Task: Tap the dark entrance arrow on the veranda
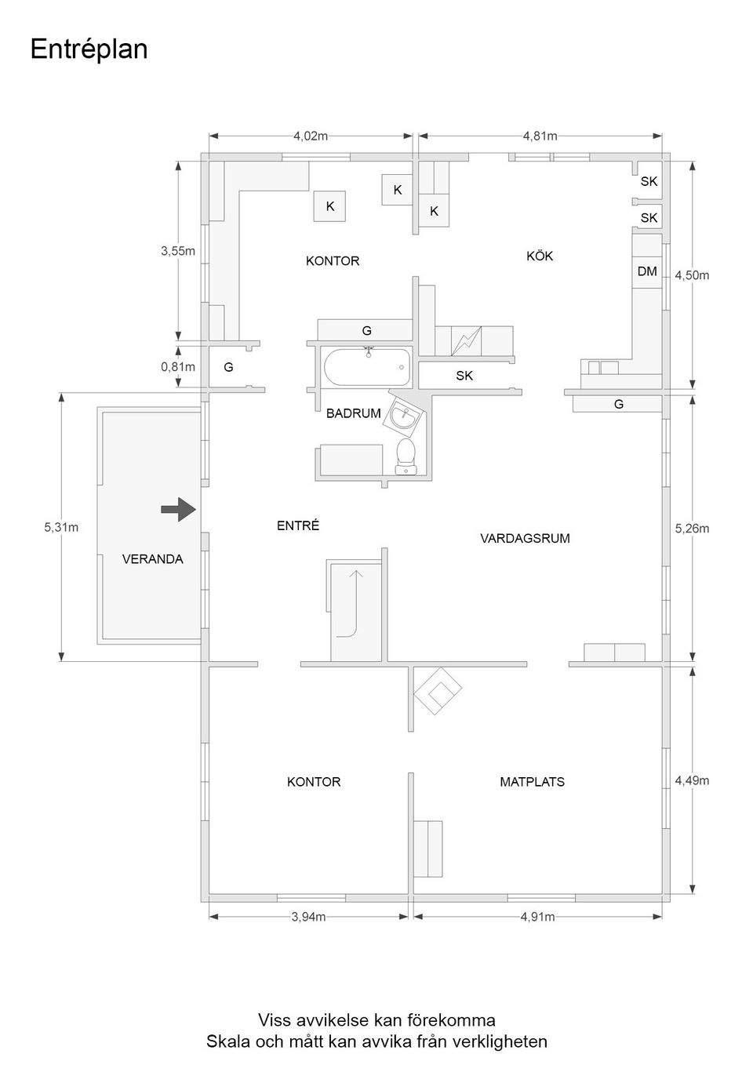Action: click(x=179, y=510)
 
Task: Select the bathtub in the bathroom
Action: click(x=367, y=368)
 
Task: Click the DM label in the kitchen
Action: click(x=647, y=271)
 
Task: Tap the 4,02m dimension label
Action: click(x=311, y=136)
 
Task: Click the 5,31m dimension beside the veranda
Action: click(x=61, y=527)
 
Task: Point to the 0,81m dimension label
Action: click(x=178, y=366)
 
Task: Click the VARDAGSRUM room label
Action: click(x=525, y=538)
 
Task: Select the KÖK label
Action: click(x=540, y=256)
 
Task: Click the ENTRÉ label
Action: click(x=298, y=525)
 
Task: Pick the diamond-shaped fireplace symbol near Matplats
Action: click(x=438, y=691)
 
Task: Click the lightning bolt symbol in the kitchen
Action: click(x=467, y=341)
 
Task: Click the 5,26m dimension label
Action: click(x=692, y=529)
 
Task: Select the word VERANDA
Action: click(x=153, y=558)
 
